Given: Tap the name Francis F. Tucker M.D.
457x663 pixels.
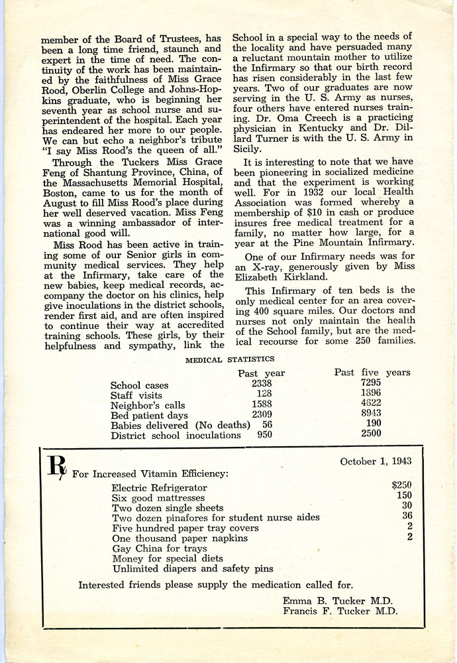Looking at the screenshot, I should (x=340, y=612).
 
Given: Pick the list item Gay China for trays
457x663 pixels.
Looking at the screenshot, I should (x=160, y=549).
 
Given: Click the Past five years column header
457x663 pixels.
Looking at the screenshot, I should (x=372, y=373).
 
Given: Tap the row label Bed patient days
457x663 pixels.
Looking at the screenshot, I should (x=147, y=415).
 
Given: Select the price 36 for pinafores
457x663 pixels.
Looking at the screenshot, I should (x=407, y=516).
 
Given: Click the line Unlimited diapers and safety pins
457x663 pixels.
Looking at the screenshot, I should (x=192, y=569).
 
